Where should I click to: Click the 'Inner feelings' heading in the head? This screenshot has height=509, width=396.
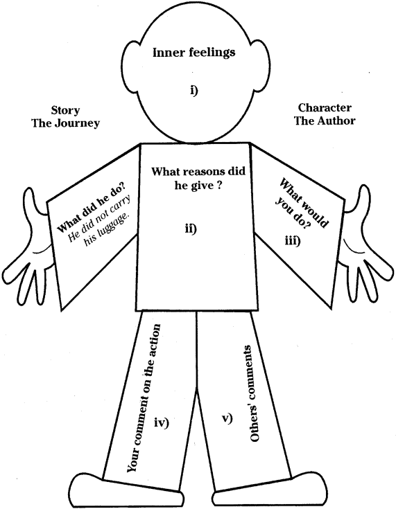pyautogui.click(x=193, y=53)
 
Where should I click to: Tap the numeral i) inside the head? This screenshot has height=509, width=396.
pyautogui.click(x=194, y=91)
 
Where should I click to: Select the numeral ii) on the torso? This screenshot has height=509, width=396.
pyautogui.click(x=191, y=229)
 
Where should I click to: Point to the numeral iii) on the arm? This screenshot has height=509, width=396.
pyautogui.click(x=293, y=241)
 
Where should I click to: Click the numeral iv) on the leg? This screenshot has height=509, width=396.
pyautogui.click(x=162, y=423)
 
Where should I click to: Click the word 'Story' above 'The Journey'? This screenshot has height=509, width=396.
pyautogui.click(x=65, y=111)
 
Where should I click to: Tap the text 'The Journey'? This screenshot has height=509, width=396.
pyautogui.click(x=65, y=123)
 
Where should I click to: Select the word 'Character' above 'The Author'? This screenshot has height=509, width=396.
pyautogui.click(x=325, y=107)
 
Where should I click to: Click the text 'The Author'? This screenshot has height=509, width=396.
pyautogui.click(x=325, y=120)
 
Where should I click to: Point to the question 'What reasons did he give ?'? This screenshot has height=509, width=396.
pyautogui.click(x=198, y=178)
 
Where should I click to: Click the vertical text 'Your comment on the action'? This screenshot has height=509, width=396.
pyautogui.click(x=144, y=398)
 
